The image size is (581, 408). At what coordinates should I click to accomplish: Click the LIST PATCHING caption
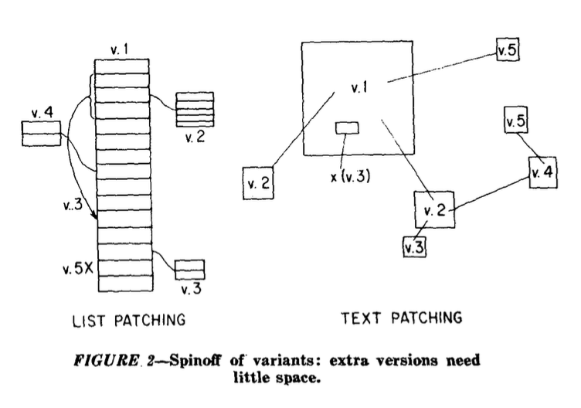point(128,319)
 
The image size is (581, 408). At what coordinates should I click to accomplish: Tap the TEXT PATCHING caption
point(402,318)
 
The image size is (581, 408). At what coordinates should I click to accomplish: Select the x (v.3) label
point(350,176)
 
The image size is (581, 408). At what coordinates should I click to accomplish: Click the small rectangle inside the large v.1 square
point(346,128)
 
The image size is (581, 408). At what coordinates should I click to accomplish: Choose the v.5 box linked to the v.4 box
point(516,122)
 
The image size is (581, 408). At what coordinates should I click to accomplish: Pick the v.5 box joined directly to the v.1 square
point(508,52)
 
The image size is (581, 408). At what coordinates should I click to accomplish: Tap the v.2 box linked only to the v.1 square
point(258,183)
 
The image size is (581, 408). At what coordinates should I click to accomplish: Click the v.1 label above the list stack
point(119,50)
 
